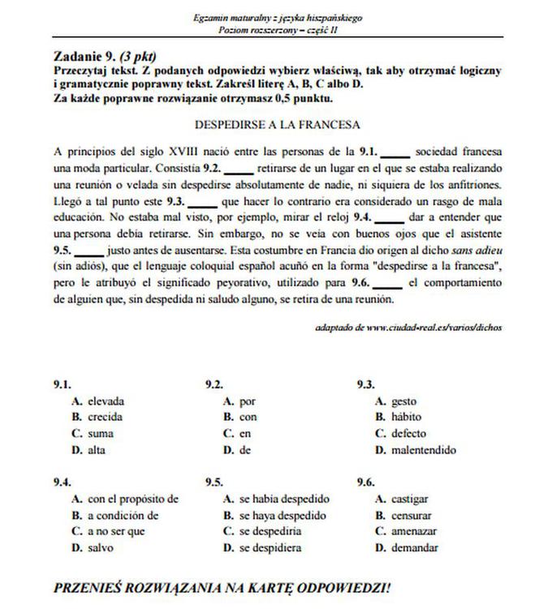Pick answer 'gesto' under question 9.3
click(403, 401)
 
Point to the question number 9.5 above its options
click(213, 482)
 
